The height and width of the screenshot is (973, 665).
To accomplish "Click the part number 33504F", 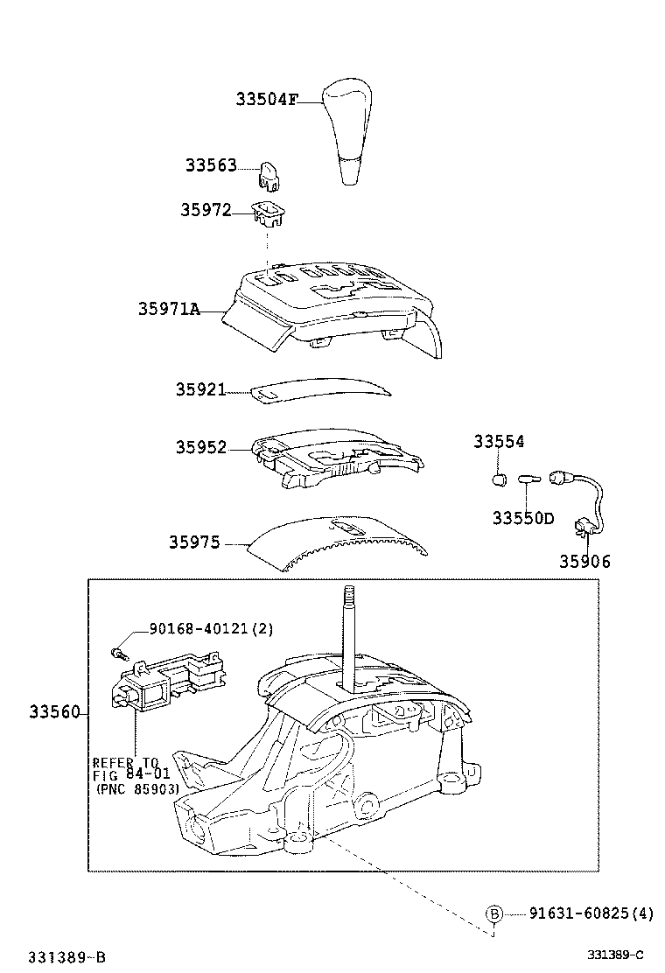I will coord(266,100).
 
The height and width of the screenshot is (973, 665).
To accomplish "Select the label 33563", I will coord(211,165).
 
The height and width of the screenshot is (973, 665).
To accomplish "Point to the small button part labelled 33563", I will coord(269,177).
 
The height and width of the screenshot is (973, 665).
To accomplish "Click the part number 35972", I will coord(206,210).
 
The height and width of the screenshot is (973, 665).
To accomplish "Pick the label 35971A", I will coord(169,308).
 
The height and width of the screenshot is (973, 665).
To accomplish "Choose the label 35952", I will coord(200,447).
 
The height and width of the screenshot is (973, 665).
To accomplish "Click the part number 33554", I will coord(500,442).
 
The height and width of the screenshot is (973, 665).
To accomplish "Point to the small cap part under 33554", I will coord(500,479).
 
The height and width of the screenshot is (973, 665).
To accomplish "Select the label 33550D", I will coord(523,518).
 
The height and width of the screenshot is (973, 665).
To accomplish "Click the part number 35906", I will coord(585,562).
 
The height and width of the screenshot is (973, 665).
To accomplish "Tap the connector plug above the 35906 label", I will coord(583,527).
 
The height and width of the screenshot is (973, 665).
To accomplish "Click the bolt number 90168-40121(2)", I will coord(199,627).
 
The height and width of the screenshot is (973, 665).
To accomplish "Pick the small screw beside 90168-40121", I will coord(119,652).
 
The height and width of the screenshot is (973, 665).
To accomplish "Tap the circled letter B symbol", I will coord(494,913).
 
